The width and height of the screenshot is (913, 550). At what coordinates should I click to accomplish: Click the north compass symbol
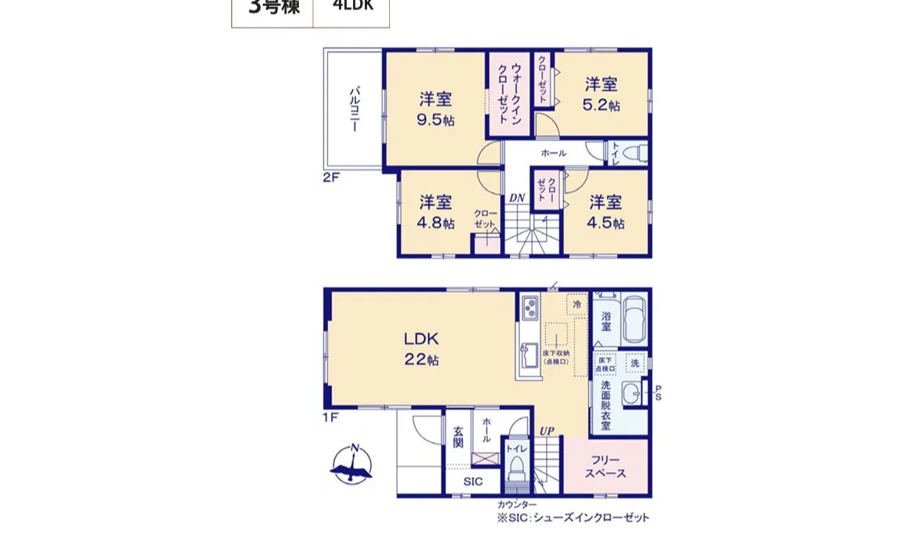(x=351, y=464)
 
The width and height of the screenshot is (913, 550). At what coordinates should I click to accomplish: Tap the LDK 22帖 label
(x=421, y=349)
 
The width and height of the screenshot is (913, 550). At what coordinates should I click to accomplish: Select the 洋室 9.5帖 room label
(x=436, y=109)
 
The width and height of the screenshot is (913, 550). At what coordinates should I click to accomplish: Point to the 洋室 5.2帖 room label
(x=602, y=94)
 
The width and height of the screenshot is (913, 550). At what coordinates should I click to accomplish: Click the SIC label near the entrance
(x=473, y=482)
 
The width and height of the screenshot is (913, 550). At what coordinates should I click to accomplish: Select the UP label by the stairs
(x=547, y=432)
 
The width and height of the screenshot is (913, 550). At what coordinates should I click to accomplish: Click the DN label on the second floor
(x=516, y=198)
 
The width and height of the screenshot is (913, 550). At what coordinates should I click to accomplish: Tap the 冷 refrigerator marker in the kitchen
(x=577, y=303)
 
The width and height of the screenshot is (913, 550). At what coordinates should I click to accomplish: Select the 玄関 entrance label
(x=458, y=436)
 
